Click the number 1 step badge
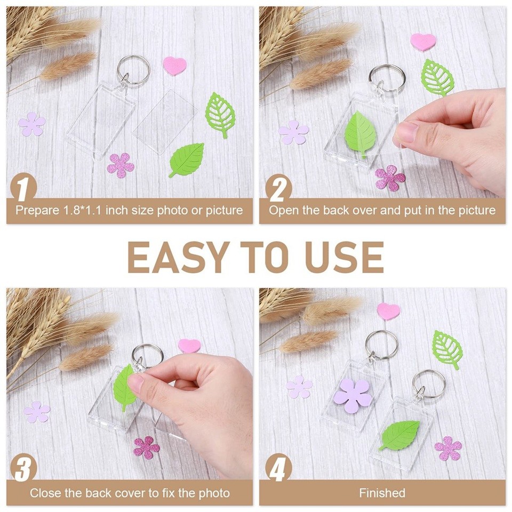click(22, 188)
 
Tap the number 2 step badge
click(278, 188)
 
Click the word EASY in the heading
click(170, 257)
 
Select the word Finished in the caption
click(382, 493)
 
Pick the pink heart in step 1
click(175, 66)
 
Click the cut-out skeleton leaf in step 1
click(220, 114)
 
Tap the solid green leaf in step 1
click(188, 158)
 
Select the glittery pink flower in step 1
click(121, 165)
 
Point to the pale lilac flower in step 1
click(32, 124)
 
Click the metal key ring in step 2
click(387, 77)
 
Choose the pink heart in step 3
click(189, 345)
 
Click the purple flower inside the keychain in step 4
click(352, 396)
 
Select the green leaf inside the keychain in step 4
click(401, 435)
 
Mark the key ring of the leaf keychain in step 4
click(429, 383)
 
